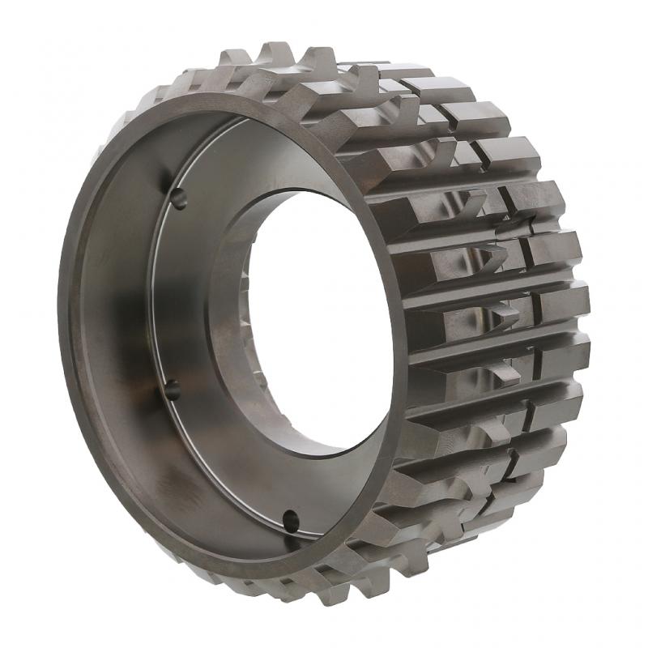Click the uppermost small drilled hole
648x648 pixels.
coord(178,198)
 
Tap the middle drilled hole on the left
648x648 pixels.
coord(172,390)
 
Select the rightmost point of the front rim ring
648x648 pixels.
coord(405,348)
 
